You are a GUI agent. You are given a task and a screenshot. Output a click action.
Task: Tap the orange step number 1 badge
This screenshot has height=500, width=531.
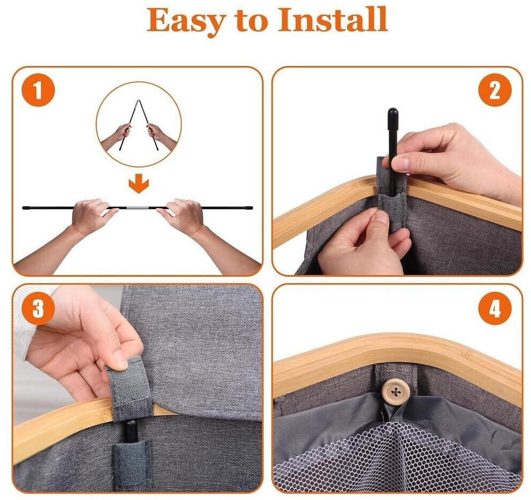coord(38,90)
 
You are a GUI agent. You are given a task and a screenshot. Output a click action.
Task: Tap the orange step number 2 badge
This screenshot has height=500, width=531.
coord(495,90)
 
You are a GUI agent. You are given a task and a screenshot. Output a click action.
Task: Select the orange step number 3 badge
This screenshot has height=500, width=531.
coord(38,308)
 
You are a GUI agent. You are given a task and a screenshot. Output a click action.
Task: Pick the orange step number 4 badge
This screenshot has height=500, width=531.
coord(495,308)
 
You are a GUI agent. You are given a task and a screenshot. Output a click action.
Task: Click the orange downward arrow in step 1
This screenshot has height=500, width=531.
coord(139,185)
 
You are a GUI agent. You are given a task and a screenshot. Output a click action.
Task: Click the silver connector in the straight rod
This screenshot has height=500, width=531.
coord(139,207)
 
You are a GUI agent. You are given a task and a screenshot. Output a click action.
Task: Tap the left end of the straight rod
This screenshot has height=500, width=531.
coord(24,208)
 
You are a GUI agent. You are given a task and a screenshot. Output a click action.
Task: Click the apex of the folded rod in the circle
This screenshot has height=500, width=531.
coord(138,101)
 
